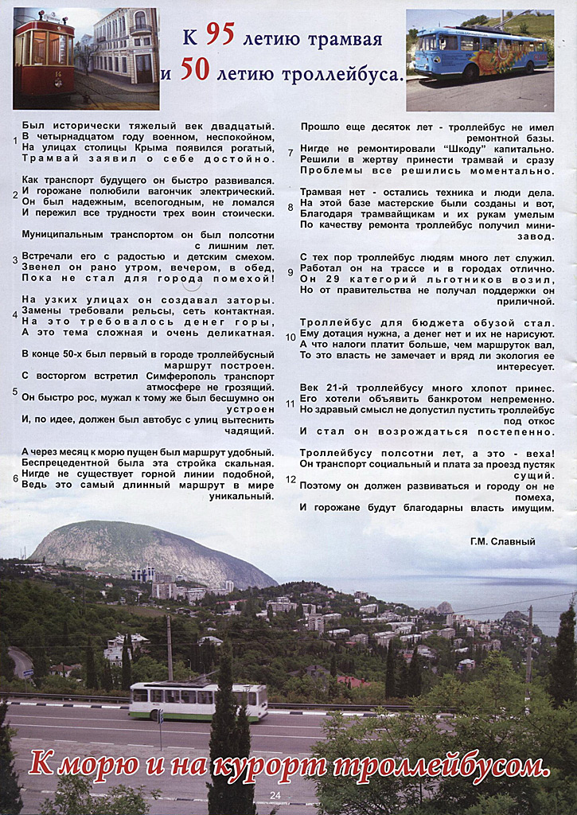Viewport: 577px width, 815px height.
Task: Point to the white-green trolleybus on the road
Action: coord(197,700)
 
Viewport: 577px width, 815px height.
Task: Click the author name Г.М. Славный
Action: coord(503,541)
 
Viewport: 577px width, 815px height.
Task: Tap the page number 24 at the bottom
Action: coord(275,795)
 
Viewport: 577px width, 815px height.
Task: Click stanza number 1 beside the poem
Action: coord(15,141)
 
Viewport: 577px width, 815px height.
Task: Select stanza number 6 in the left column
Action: coord(15,478)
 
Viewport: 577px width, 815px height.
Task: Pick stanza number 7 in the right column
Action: coord(290,153)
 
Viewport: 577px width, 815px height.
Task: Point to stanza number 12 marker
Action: coord(290,479)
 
